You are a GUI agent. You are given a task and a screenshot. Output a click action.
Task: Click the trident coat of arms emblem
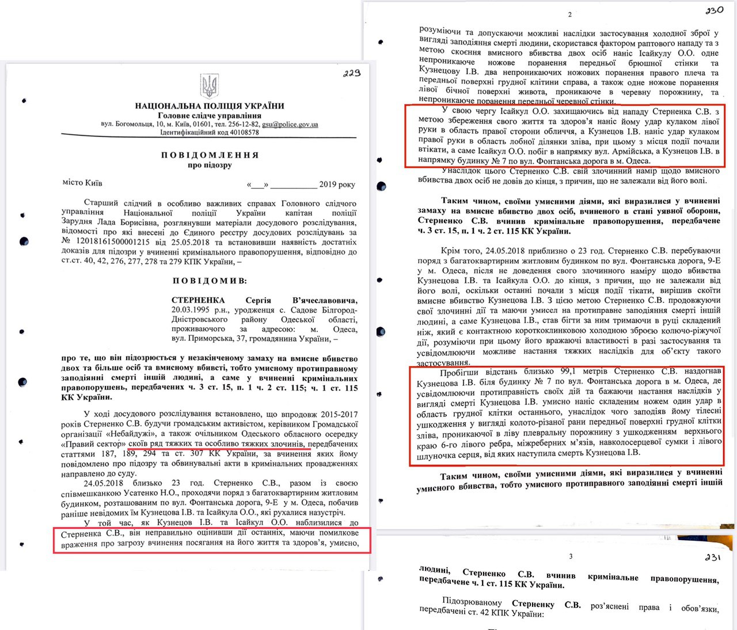tap(209, 86)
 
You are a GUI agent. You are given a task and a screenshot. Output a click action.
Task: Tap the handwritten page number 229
tap(351, 73)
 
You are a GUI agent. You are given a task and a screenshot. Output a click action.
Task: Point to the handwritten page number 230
tap(714, 10)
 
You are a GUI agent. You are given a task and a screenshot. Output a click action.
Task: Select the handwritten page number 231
tap(712, 557)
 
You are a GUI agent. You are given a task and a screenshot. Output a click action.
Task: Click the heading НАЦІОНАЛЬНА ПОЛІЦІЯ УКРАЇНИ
tap(210, 106)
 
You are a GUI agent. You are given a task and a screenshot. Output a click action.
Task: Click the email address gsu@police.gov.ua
tap(290, 124)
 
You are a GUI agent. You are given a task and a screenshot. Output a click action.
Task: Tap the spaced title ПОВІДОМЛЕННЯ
tap(210, 155)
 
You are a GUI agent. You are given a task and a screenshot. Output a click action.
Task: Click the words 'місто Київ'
tap(82, 183)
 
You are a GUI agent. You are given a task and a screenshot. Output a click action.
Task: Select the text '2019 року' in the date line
tap(337, 184)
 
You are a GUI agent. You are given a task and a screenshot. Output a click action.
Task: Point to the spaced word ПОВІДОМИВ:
tap(210, 280)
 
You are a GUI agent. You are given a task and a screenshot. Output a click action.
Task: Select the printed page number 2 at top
tap(570, 14)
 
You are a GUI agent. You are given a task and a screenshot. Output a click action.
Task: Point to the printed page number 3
tap(571, 556)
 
